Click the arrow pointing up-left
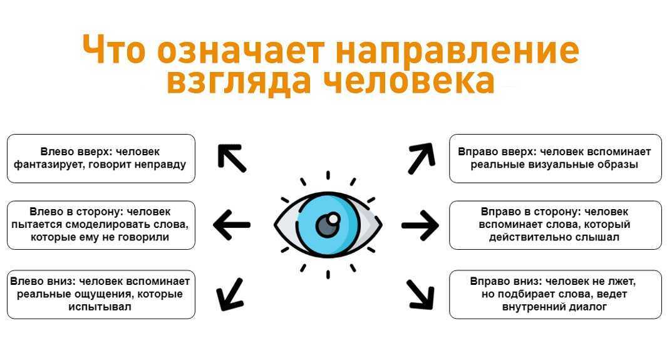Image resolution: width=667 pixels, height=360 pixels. click(x=232, y=158)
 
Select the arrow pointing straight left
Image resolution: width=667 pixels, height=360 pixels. click(x=232, y=225)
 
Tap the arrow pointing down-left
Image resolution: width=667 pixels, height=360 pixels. click(x=230, y=294)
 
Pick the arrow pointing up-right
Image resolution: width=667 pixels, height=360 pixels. click(x=421, y=158)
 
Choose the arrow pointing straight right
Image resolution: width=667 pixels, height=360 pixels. click(x=420, y=225)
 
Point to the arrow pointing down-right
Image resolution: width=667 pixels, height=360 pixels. click(x=420, y=294)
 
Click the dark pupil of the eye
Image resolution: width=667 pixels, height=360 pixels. click(x=328, y=225)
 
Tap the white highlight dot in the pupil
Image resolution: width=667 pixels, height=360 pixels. click(x=334, y=219)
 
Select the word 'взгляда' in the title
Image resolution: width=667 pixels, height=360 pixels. click(x=238, y=81)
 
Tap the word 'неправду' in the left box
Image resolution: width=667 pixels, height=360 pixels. click(x=160, y=165)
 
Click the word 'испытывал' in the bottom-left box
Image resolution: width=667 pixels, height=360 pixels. click(x=100, y=307)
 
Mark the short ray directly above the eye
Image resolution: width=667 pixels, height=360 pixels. click(x=328, y=175)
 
